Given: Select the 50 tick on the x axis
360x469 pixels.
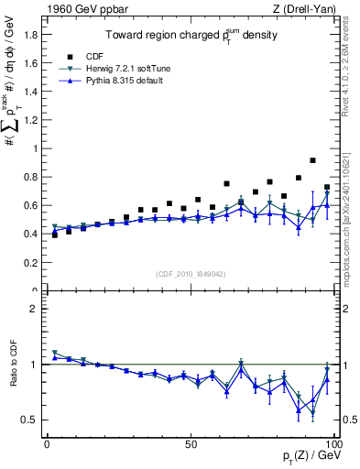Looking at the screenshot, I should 191,442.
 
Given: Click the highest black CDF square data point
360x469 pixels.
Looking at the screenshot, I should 313,160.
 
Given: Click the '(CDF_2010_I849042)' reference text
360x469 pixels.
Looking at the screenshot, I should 191,273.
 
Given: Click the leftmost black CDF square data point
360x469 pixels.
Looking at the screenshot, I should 54,235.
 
